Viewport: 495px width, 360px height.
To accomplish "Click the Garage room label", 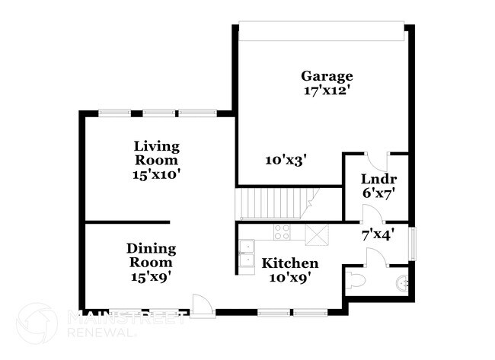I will pos(327,76).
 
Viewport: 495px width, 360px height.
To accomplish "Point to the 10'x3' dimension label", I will pos(286,160).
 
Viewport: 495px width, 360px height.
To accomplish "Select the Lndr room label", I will pos(377,180).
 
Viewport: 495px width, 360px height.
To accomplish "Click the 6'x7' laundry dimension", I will pos(377,193).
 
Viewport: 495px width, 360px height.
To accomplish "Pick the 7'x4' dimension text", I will pos(376,234).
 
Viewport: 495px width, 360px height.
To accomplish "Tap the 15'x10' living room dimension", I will pos(156,174).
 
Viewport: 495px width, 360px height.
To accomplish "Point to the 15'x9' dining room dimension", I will pos(151,276).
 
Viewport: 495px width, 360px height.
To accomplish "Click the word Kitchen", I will pos(290,263).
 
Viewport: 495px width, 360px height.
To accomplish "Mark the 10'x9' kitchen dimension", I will pos(290,277).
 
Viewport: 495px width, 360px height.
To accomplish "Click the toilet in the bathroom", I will pos(356,282).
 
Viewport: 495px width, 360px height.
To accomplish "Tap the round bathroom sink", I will pos(402,284).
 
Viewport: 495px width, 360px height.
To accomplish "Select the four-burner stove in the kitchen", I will pos(282,233).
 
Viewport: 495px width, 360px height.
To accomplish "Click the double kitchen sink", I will pos(247,253).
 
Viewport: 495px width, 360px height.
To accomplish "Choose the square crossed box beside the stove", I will pos(315,234).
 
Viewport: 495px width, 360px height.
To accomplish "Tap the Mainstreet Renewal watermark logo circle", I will pos(36,323).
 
